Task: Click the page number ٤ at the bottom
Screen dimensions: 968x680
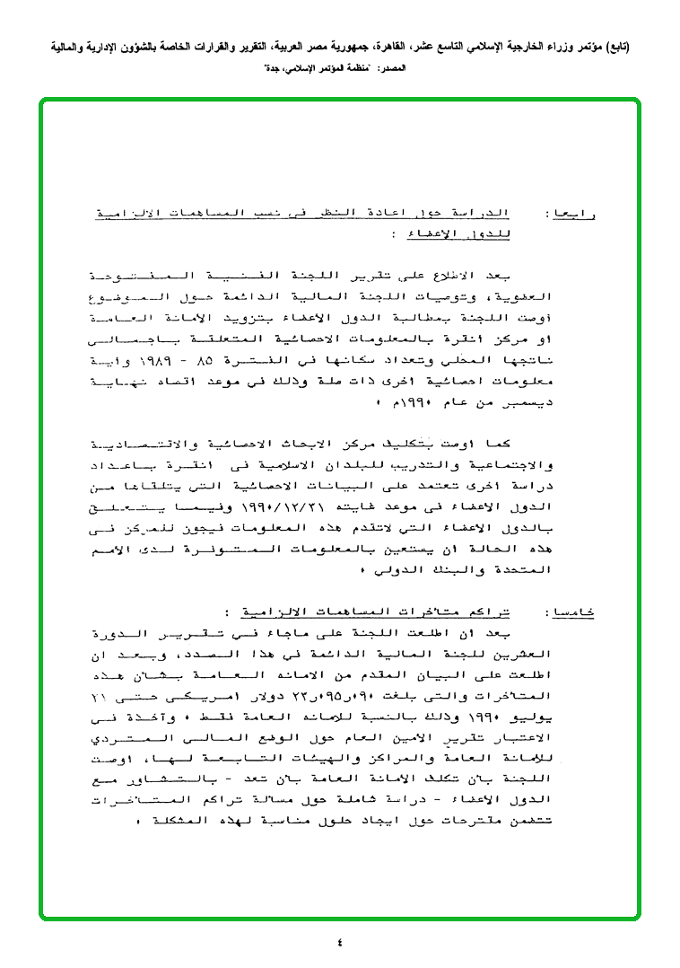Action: click(340, 942)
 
